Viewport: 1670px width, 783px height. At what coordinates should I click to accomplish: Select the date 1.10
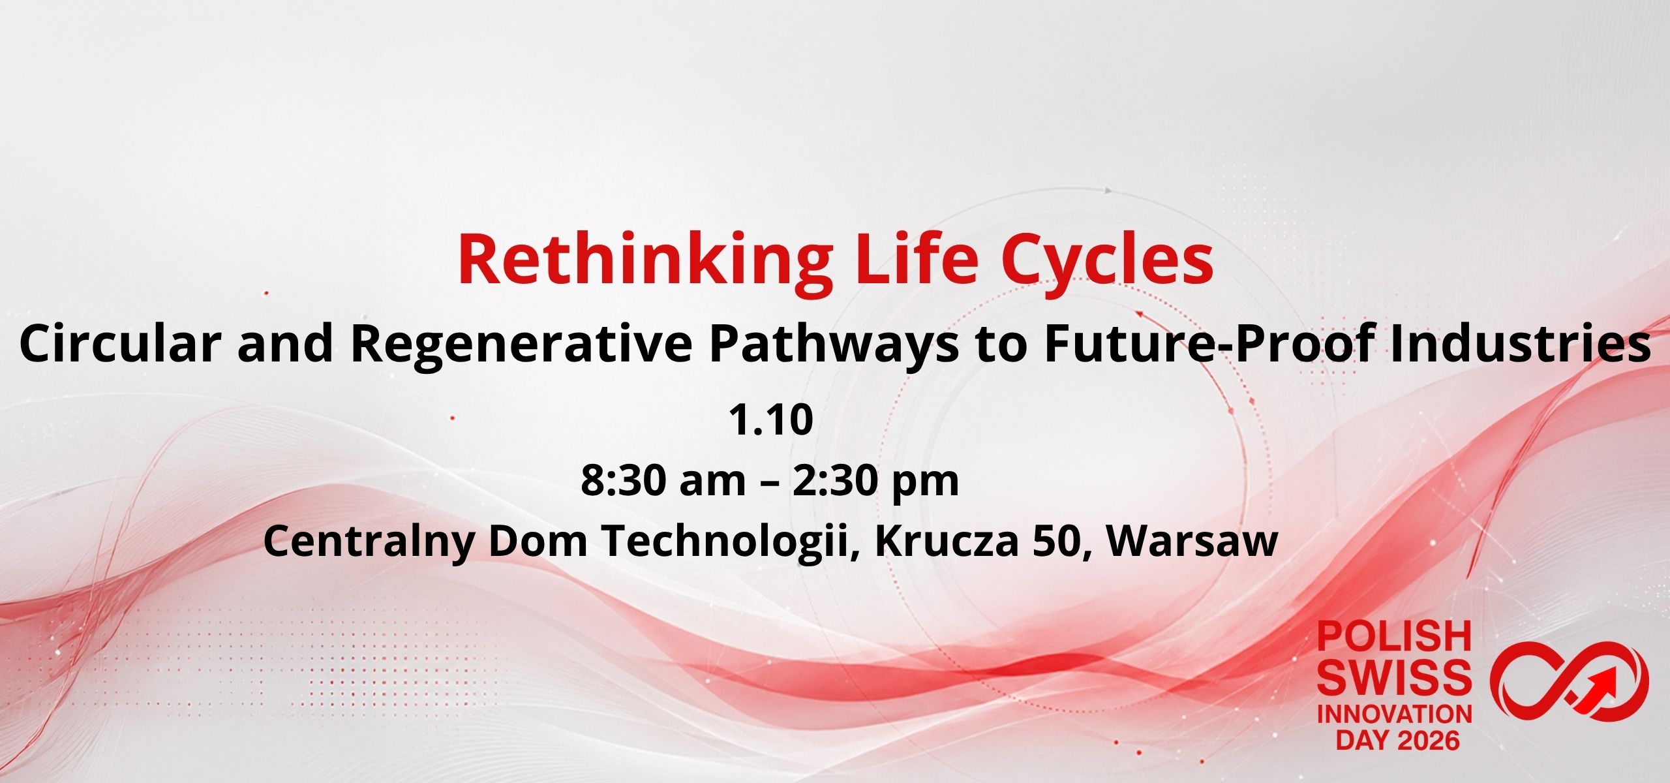click(x=770, y=420)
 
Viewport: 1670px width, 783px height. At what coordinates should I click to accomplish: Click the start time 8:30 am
click(x=663, y=481)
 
